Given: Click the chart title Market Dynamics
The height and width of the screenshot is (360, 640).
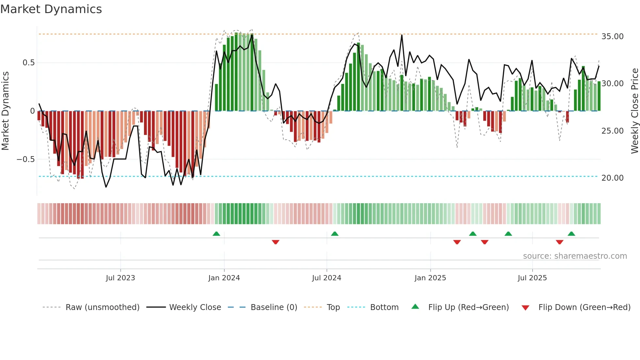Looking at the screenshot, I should (51, 9).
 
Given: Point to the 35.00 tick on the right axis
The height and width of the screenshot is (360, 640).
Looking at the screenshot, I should (612, 37).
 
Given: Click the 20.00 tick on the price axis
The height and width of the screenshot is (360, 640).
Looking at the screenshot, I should (612, 178).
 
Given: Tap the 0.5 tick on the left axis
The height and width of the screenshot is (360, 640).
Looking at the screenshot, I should (28, 63).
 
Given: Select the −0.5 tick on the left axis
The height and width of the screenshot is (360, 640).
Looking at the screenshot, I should (25, 159).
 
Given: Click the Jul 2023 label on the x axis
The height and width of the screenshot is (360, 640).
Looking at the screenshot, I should (120, 278).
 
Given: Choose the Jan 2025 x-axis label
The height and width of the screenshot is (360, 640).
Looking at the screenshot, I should (430, 278).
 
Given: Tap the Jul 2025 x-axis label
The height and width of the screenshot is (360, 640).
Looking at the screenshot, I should (532, 278).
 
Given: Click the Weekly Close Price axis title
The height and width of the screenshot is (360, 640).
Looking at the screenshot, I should (634, 111).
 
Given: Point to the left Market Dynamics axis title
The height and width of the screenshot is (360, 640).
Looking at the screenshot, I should (5, 111).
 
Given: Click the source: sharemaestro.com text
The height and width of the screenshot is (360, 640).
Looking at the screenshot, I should (575, 256).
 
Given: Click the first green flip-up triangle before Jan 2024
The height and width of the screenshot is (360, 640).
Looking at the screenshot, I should (216, 234).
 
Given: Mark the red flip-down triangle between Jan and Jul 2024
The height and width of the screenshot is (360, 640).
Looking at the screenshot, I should (276, 242).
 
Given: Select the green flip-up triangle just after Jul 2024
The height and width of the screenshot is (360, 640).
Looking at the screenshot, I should (335, 234).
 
